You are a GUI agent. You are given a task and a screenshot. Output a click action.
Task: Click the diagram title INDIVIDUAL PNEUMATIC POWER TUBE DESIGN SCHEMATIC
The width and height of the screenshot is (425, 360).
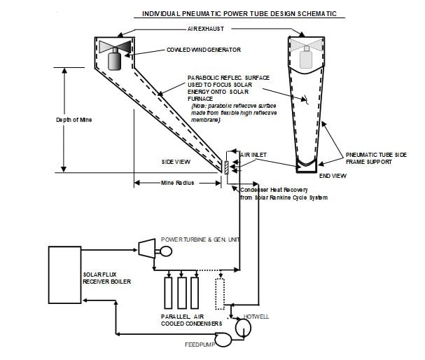click(x=239, y=13)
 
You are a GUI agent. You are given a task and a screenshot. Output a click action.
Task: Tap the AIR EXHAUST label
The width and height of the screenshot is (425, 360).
click(x=206, y=29)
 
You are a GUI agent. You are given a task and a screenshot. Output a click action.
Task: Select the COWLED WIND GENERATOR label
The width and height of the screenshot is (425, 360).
click(x=204, y=50)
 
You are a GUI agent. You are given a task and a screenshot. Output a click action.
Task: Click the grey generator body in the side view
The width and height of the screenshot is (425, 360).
click(x=114, y=61)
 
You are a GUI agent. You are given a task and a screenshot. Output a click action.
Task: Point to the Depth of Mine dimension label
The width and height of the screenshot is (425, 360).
click(x=74, y=120)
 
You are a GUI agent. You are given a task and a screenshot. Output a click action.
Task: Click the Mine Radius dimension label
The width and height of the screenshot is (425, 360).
click(x=178, y=183)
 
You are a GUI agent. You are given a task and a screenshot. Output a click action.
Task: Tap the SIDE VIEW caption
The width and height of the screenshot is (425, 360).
click(x=176, y=162)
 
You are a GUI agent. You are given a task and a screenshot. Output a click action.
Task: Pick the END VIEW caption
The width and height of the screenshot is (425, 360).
click(x=333, y=176)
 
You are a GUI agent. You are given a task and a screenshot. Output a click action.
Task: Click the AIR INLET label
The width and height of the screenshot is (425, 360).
click(x=253, y=155)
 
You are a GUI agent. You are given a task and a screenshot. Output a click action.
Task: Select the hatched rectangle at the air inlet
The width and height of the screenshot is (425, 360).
click(x=226, y=167)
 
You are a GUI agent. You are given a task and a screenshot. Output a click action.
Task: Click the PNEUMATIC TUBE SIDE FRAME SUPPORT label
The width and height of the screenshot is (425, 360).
click(x=376, y=158)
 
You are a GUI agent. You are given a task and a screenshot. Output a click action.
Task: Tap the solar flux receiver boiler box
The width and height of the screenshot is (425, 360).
click(x=65, y=275)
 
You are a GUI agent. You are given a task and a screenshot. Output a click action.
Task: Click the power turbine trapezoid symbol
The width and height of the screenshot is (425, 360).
click(x=146, y=249)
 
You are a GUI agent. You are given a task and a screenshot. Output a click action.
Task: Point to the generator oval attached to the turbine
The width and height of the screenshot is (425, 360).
click(x=166, y=251)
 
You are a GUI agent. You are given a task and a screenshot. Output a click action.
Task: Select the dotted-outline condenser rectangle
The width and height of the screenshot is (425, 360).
click(x=220, y=294)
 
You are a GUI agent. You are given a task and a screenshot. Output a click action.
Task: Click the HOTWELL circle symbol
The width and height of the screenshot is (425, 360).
click(x=243, y=328)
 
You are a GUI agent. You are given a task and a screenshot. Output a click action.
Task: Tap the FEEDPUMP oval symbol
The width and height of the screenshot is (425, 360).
click(x=223, y=340)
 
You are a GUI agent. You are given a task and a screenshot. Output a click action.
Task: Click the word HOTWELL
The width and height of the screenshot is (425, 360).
click(x=256, y=317)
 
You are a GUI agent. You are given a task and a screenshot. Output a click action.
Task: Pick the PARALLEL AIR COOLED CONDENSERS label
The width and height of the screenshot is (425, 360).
click(x=191, y=320)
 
